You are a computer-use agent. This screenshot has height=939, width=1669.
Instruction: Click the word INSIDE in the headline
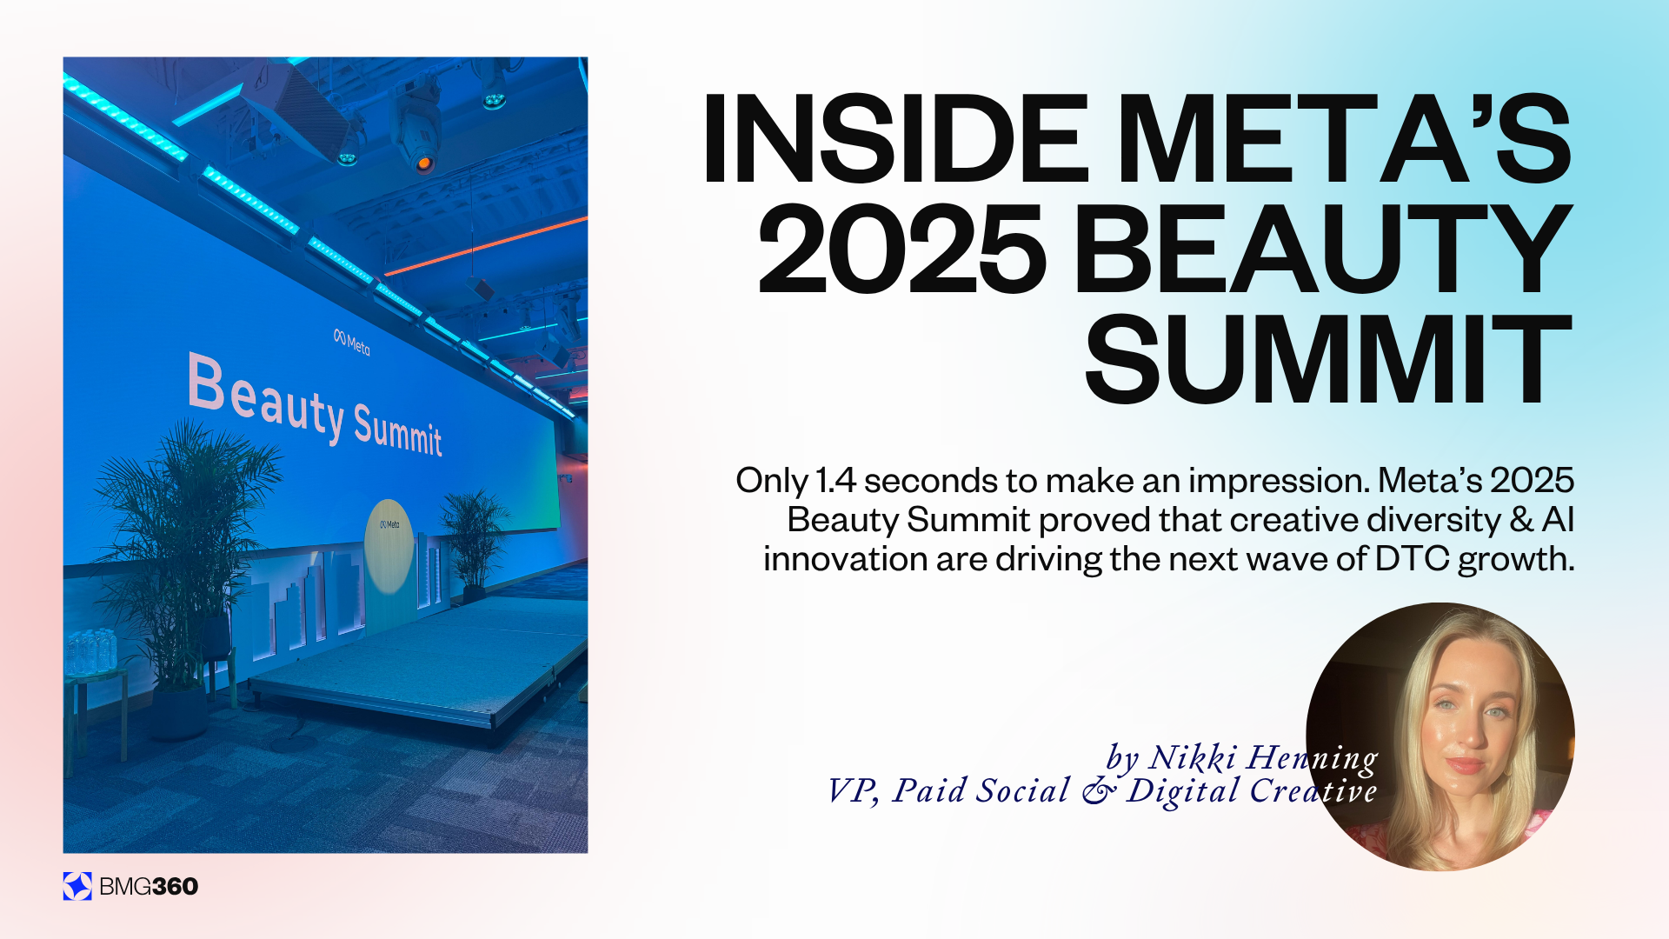click(895, 139)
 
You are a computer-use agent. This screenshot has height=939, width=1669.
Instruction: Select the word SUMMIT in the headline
click(1328, 361)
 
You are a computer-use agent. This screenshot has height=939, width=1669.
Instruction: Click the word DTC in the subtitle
click(1412, 559)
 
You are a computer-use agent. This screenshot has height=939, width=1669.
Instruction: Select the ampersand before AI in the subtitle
click(1521, 520)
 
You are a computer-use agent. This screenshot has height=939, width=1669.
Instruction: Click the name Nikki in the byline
click(1193, 758)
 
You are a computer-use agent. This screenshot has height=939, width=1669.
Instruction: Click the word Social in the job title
click(1023, 791)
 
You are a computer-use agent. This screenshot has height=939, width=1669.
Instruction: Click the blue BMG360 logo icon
click(77, 886)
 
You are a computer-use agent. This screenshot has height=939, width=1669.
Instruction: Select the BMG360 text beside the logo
click(149, 887)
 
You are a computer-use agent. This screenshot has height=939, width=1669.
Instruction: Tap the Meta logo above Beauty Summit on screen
click(352, 343)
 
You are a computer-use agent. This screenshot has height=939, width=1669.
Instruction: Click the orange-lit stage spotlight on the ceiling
click(422, 163)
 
